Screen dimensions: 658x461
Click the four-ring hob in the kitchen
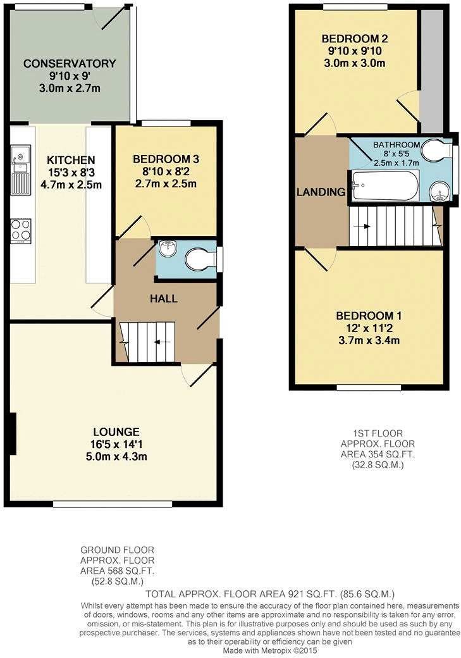[21, 230]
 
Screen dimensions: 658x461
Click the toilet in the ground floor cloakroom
[200, 258]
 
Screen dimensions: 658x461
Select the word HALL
[163, 299]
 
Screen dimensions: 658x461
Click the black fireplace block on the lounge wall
[12, 433]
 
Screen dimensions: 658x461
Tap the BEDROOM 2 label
[354, 38]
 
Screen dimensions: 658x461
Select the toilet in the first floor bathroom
[435, 150]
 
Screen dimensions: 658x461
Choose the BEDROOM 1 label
[367, 316]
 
